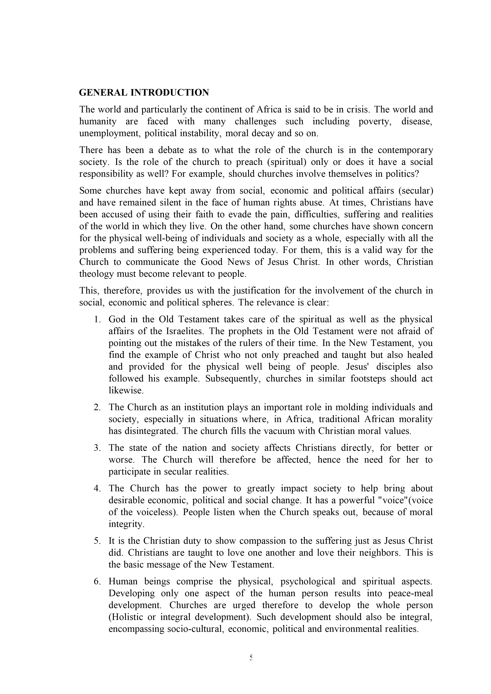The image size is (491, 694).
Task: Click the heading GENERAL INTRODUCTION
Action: click(144, 92)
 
